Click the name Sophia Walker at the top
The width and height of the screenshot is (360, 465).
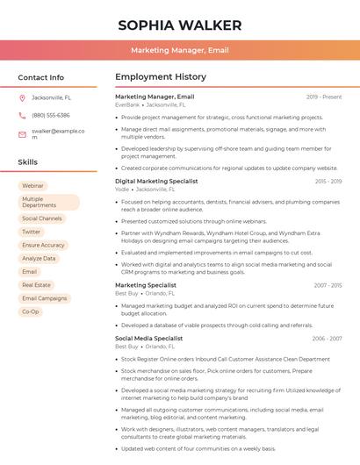point(179,25)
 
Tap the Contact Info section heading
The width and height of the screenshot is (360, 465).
point(40,77)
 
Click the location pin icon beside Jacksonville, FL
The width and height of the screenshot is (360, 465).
point(23,97)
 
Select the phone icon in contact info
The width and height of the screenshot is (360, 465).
point(23,115)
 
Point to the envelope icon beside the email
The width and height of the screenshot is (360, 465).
point(23,133)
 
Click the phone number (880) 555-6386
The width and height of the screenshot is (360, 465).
point(50,115)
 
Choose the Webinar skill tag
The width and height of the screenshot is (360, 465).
point(32,186)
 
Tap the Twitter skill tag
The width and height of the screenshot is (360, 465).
point(32,232)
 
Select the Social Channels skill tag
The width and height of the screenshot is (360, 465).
point(42,218)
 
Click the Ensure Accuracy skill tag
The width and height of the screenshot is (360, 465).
point(44,245)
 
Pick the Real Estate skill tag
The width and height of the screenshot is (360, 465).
point(36,285)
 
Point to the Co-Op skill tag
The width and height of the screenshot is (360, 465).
point(31,311)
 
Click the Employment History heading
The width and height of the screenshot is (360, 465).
point(161,77)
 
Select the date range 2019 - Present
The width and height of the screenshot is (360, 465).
point(324,97)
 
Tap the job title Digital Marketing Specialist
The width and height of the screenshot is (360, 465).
point(156,181)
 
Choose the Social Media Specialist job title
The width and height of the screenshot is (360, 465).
point(148,338)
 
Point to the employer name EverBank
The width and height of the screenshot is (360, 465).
point(127,104)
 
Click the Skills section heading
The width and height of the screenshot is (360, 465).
point(28,162)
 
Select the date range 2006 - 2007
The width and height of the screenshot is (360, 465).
point(327,338)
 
